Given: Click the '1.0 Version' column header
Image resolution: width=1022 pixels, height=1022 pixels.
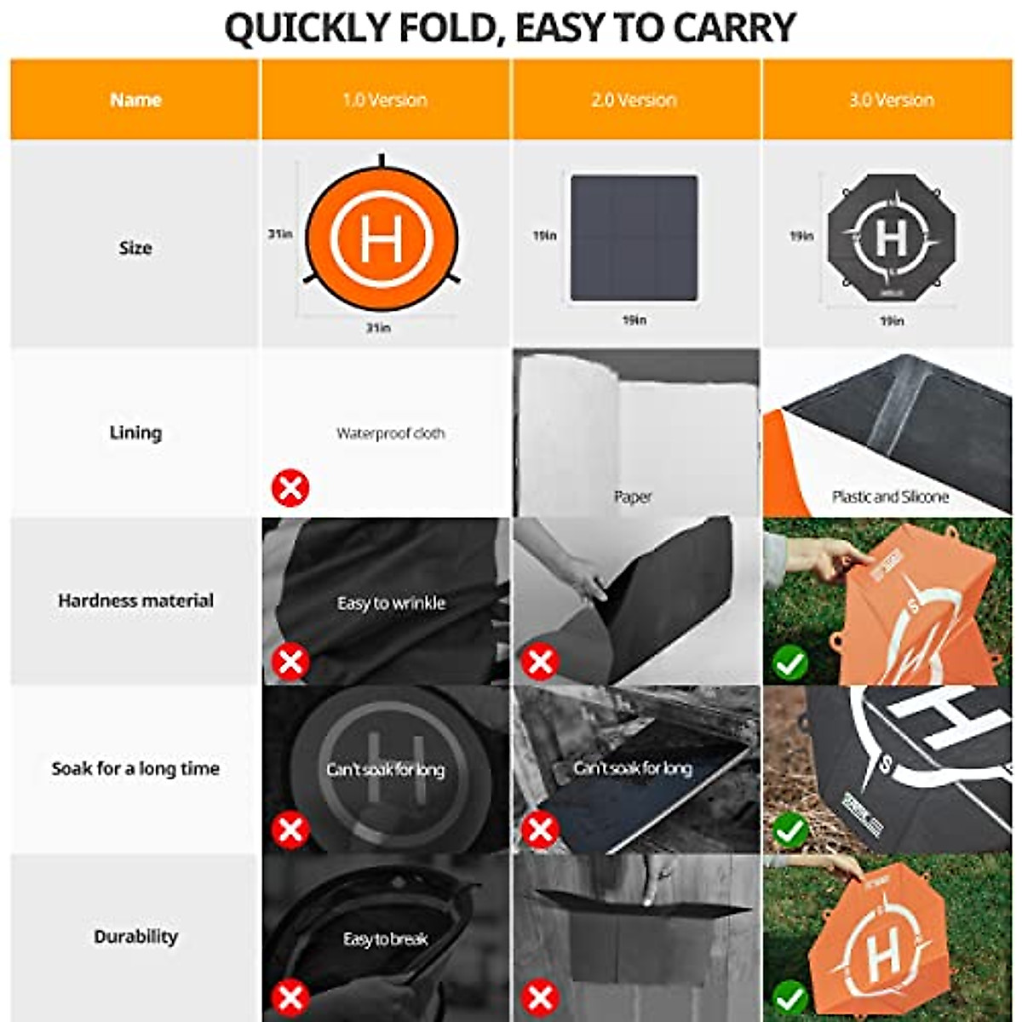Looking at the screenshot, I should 385,100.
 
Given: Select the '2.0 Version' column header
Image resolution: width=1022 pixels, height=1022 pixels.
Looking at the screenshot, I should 634,100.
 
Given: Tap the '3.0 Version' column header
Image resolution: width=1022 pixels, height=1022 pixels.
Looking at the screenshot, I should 891,100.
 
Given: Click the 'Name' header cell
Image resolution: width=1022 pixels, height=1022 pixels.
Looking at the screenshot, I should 135,100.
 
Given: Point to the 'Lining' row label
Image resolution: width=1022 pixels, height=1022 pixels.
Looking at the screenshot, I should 135,433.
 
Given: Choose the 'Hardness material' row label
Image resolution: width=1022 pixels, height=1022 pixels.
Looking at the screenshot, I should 135,600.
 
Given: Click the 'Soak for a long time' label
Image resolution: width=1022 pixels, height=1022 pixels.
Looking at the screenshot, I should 135,768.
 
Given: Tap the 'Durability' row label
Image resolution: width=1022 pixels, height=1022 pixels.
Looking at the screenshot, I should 135,936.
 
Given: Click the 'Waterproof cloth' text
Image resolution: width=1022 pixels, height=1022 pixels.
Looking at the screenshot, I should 390,433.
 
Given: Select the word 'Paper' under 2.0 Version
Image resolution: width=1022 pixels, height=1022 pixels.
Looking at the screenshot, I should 633,497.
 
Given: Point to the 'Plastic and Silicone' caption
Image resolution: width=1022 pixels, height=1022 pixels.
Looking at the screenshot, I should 890,497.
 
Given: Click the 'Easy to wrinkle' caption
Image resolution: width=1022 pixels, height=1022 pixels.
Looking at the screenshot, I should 391,603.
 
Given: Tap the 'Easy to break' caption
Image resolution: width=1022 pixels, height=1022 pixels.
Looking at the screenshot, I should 385,939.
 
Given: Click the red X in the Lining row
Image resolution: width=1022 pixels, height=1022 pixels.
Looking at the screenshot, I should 290,489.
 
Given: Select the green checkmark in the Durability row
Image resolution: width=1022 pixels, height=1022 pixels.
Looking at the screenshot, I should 790,996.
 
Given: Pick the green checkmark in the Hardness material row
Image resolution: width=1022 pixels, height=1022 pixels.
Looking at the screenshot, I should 790,663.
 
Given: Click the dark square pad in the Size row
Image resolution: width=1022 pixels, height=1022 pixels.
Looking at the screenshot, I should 634,238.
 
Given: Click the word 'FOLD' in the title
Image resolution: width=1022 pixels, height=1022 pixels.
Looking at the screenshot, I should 444,28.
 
